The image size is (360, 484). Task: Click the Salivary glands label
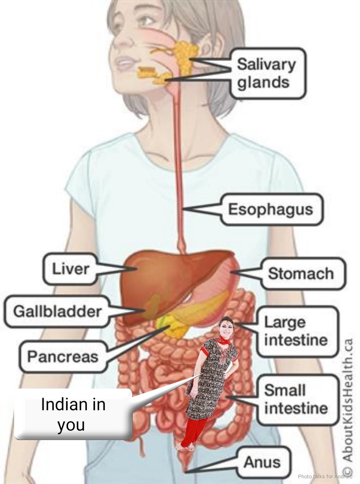pos(267,73)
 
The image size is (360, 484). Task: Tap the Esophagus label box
pos(270,209)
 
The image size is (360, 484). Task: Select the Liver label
pos(70,269)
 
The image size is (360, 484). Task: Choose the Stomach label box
pos(301,273)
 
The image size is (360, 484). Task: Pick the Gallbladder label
pos(57,311)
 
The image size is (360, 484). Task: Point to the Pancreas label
pos(62,356)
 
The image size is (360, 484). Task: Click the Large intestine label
pos(295,331)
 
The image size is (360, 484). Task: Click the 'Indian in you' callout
pos(73,415)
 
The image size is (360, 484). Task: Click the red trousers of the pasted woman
pos(194,431)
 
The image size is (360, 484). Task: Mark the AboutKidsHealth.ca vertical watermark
pos(348,406)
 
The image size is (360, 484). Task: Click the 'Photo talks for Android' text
pos(325,476)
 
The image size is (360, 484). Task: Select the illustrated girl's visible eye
pos(146,21)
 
